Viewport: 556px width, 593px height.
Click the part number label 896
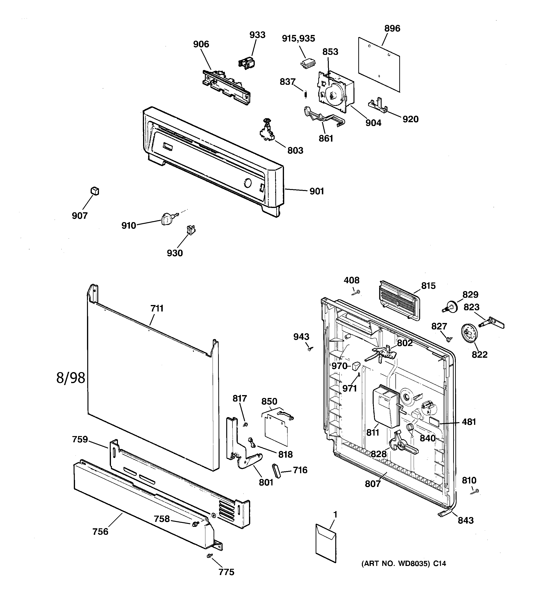(392, 29)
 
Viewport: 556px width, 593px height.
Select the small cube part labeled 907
(95, 191)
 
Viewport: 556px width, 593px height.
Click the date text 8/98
(71, 378)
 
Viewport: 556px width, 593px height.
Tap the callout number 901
(317, 191)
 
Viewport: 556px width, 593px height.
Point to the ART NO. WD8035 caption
(404, 564)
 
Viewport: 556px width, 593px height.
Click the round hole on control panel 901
(247, 183)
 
